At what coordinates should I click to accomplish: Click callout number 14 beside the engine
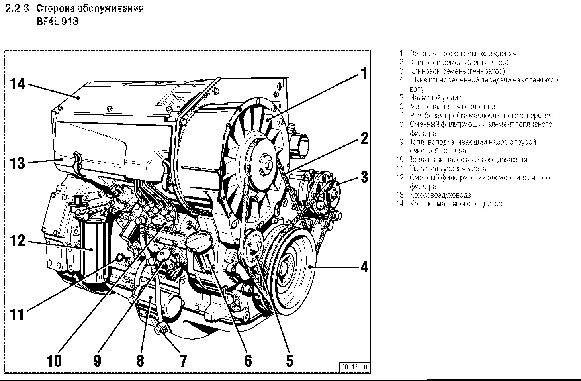pos(18,84)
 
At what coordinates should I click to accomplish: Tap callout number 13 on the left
pos(18,163)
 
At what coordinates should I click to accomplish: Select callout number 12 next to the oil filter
pos(18,241)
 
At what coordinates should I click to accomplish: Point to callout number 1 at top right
pos(363,74)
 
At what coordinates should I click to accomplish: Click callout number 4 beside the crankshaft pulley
pos(364,267)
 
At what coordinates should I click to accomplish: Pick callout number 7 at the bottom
pos(183,361)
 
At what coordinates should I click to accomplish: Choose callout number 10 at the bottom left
pos(54,361)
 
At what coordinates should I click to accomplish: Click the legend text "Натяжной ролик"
pos(435,98)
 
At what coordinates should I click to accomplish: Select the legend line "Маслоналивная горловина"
pos(452,106)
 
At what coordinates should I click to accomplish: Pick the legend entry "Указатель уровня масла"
pos(448,169)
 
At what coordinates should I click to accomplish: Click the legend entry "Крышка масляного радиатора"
pos(458,204)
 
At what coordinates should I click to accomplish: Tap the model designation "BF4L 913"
pos(57,22)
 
